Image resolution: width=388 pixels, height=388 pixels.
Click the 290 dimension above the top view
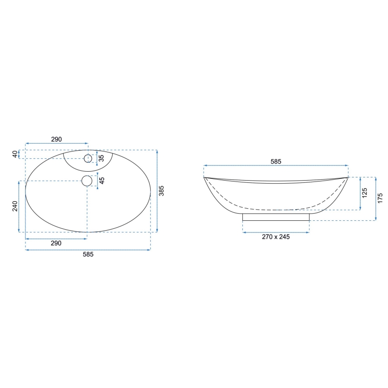click(56, 139)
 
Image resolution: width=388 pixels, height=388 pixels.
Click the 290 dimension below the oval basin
click(56, 243)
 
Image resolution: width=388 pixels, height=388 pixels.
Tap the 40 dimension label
click(15, 154)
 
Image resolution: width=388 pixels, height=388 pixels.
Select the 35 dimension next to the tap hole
click(101, 158)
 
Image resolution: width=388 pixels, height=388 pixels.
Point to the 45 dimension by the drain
click(101, 181)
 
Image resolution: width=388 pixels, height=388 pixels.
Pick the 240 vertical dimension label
click(14, 206)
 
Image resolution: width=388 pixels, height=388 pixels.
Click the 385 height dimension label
click(162, 191)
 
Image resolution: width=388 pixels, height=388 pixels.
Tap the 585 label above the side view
click(276, 161)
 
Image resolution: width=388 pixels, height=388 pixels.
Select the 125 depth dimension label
click(364, 193)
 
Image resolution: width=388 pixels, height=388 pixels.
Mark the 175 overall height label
click(380, 198)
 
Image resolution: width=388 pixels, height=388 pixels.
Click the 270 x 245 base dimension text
click(275, 237)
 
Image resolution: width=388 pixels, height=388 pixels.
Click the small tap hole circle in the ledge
click(88, 158)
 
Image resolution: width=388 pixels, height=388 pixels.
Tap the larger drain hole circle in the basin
click(87, 181)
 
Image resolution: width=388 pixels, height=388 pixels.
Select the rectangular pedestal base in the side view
click(276, 217)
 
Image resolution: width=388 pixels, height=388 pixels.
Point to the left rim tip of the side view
click(205, 177)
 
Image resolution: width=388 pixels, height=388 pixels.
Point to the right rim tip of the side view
click(347, 177)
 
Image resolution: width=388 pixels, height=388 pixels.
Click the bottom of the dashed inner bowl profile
click(276, 209)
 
